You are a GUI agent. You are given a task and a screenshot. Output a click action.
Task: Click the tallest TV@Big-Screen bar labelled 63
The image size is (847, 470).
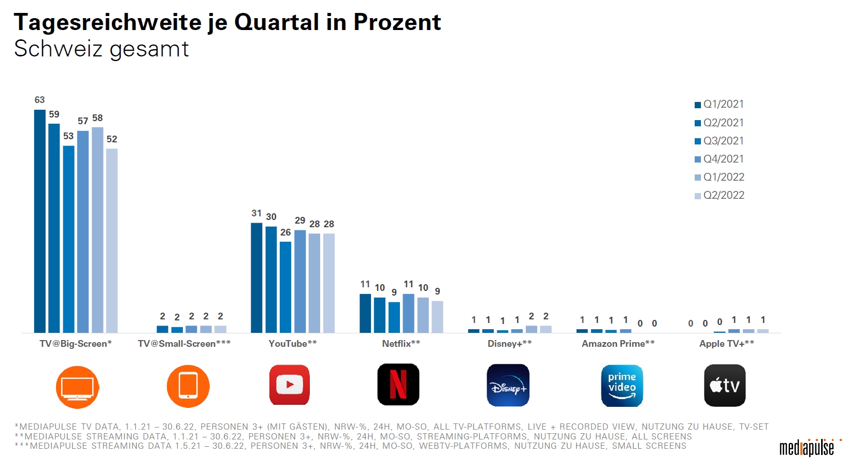tap(40, 221)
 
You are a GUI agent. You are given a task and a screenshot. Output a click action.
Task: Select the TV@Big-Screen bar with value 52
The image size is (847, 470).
tap(112, 241)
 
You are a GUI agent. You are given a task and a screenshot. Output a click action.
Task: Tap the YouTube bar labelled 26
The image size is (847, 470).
tap(285, 287)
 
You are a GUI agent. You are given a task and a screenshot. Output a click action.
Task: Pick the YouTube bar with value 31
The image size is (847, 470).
tap(256, 278)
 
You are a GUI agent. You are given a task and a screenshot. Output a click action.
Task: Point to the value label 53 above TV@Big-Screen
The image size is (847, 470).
tap(68, 136)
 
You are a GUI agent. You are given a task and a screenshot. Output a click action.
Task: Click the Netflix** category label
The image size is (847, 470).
tap(401, 344)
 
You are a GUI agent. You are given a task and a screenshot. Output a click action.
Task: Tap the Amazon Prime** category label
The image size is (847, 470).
tap(618, 344)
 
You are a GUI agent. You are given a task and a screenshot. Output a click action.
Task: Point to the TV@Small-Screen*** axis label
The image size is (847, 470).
tap(184, 344)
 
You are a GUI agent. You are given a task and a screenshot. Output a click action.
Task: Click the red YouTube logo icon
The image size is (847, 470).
tap(290, 385)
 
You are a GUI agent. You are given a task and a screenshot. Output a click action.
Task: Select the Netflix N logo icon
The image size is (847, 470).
tap(398, 385)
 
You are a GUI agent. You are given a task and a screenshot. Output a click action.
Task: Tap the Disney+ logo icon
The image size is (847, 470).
tap(508, 386)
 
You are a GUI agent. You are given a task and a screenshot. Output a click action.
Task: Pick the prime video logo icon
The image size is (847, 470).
tap(622, 386)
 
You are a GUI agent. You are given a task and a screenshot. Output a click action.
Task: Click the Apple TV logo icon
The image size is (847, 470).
tap(725, 386)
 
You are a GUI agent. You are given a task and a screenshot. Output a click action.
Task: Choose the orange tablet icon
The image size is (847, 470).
tap(188, 386)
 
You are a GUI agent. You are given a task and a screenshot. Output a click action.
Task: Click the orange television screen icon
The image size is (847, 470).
tap(77, 387)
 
